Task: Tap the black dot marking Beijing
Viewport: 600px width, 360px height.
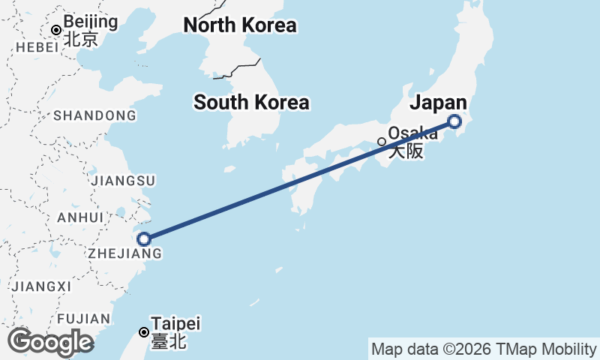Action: [55, 30]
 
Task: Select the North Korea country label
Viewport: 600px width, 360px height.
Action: [240, 25]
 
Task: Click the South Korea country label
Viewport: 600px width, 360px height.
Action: [251, 103]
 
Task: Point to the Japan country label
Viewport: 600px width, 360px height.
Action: [439, 103]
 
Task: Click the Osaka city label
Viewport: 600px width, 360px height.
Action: [413, 134]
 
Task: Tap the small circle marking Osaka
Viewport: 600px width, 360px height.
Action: [382, 141]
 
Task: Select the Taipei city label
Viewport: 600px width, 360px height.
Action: [175, 325]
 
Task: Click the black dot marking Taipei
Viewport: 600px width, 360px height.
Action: [144, 331]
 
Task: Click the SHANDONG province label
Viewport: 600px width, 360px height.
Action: [94, 115]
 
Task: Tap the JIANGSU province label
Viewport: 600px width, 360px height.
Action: [122, 181]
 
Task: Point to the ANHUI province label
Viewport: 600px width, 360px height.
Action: [79, 217]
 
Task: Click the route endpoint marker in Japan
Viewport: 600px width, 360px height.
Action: [454, 121]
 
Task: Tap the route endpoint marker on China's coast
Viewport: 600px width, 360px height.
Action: [145, 239]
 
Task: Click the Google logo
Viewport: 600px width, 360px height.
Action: [49, 342]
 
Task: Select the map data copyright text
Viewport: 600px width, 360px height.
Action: [484, 349]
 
